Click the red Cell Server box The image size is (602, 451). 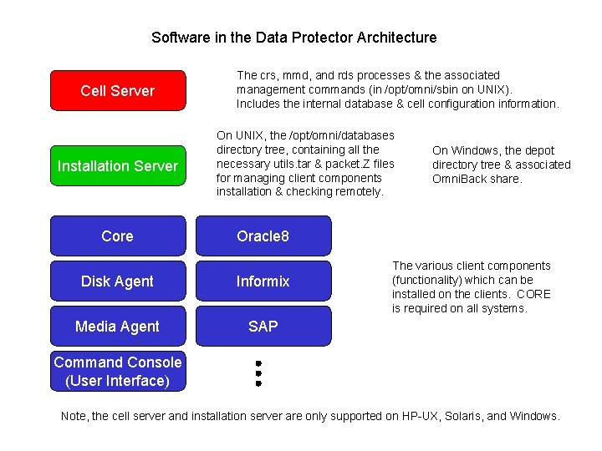[117, 90]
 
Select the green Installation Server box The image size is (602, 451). [117, 165]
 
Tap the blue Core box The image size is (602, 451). [117, 236]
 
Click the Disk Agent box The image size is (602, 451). [117, 281]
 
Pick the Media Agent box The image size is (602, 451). [117, 327]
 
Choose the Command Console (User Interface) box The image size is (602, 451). [117, 372]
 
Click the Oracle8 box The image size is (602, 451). [263, 236]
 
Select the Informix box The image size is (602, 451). [263, 281]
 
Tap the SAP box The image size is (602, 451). [263, 327]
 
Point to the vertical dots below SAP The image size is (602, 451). [259, 373]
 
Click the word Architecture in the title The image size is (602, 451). [396, 38]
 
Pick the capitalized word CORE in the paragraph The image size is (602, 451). [533, 294]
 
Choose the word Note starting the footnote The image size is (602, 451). [75, 416]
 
